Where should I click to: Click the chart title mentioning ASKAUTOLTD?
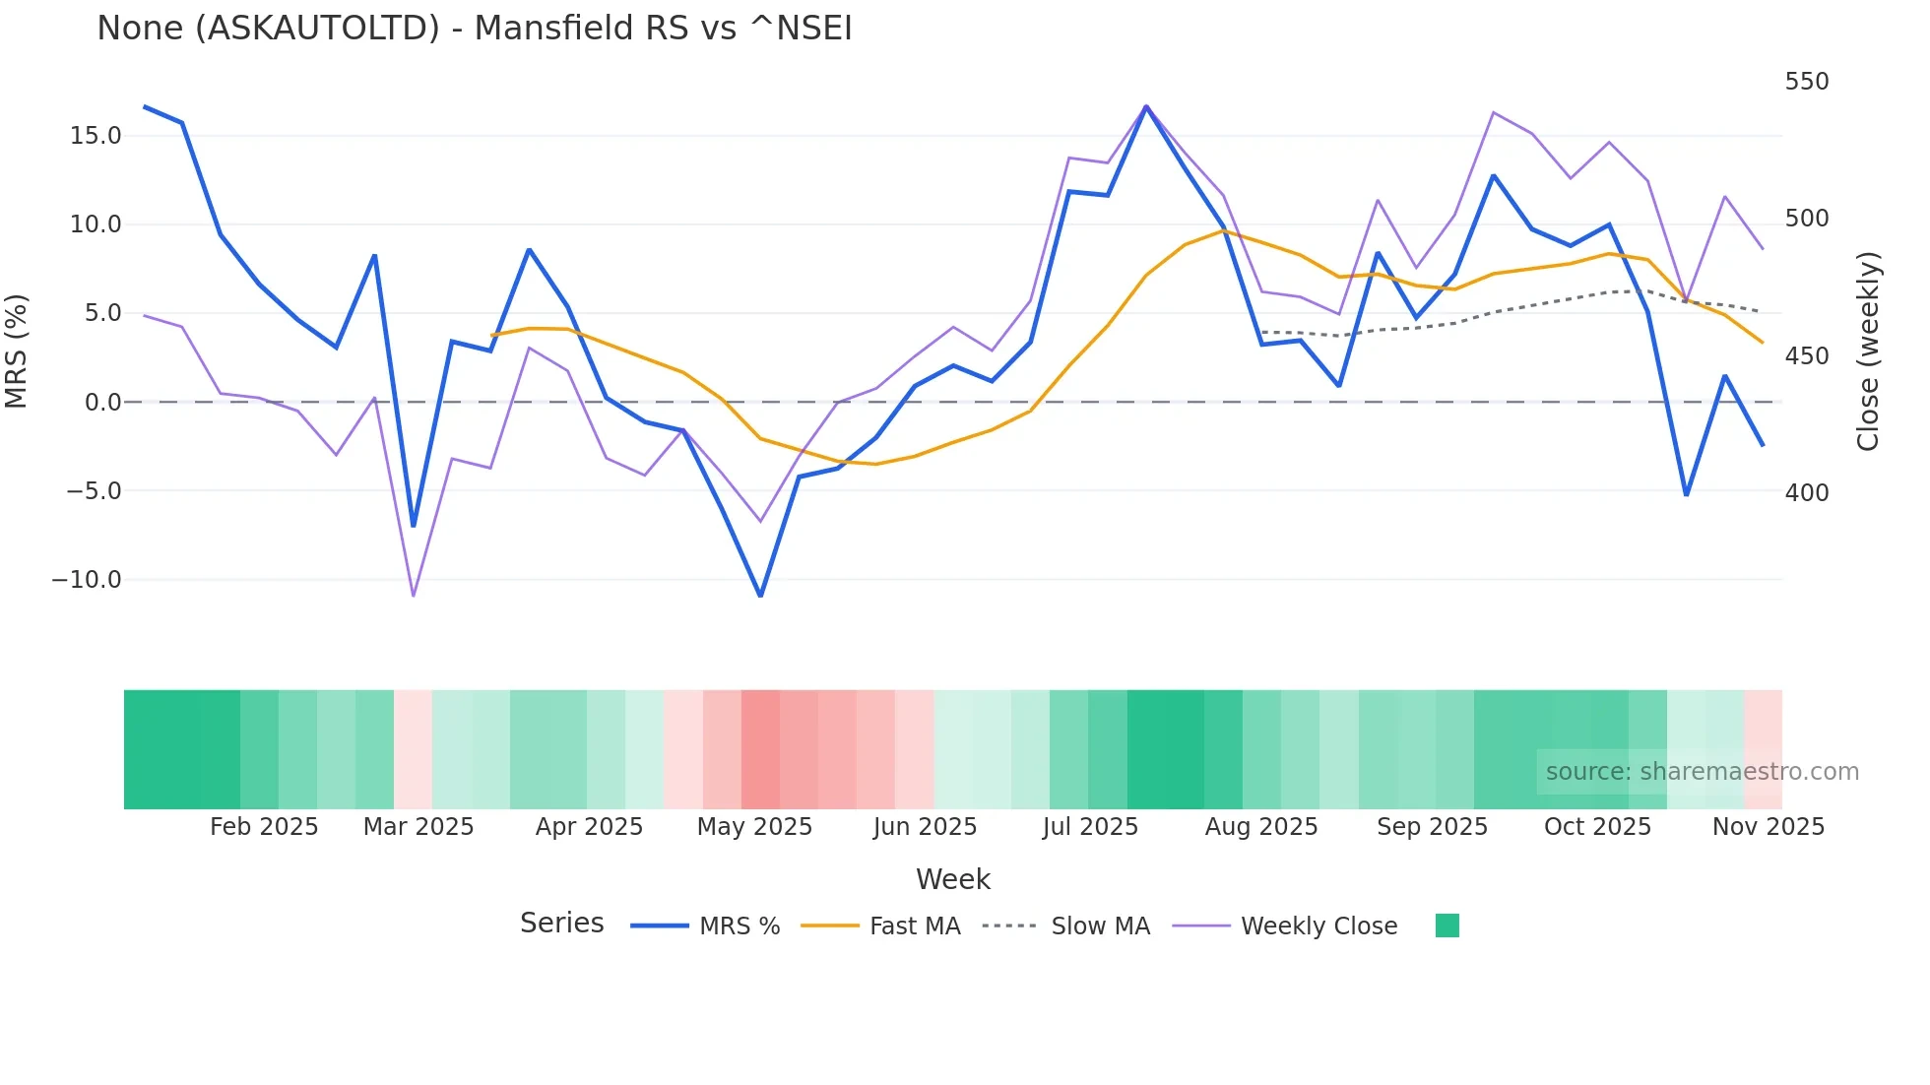pyautogui.click(x=474, y=29)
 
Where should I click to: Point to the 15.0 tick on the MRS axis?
pyautogui.click(x=96, y=136)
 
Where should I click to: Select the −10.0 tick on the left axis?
pyautogui.click(x=87, y=580)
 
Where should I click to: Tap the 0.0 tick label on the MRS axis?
pyautogui.click(x=103, y=403)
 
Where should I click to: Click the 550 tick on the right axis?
pyautogui.click(x=1806, y=82)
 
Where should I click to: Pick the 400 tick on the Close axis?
pyautogui.click(x=1806, y=493)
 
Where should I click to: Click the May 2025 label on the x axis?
pyautogui.click(x=754, y=827)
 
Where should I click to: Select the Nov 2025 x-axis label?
pyautogui.click(x=1768, y=827)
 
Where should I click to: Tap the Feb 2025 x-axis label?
pyautogui.click(x=264, y=827)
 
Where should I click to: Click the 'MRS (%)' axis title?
pyautogui.click(x=17, y=351)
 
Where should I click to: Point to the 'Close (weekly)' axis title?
pyautogui.click(x=1867, y=351)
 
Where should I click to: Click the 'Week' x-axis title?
pyautogui.click(x=952, y=879)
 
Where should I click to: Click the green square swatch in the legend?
pyautogui.click(x=1447, y=925)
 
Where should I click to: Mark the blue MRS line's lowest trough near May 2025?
pyautogui.click(x=760, y=595)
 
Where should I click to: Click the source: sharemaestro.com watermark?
pyautogui.click(x=1702, y=772)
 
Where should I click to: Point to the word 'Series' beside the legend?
pyautogui.click(x=561, y=924)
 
